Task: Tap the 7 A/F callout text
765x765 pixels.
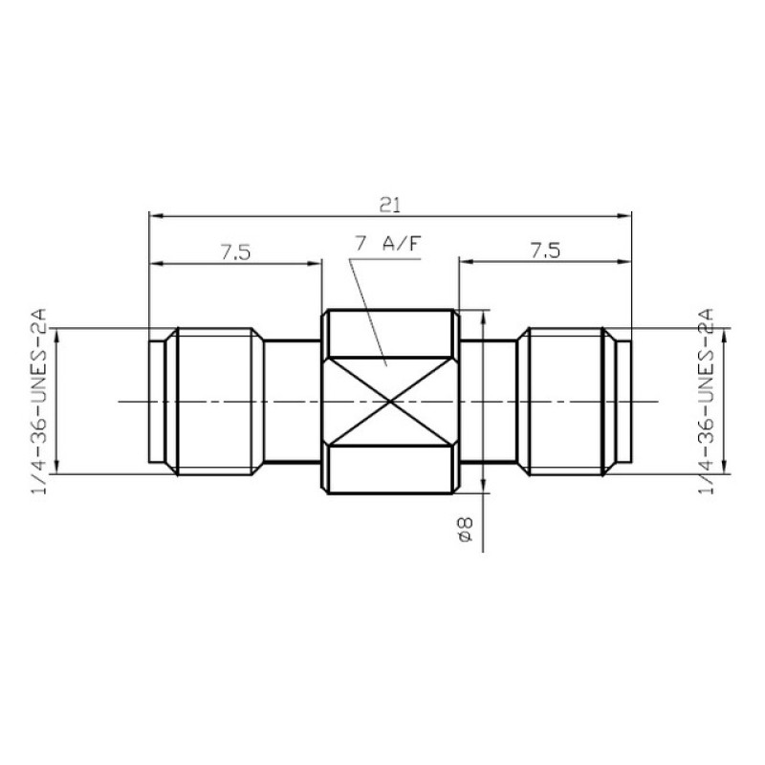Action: pyautogui.click(x=387, y=244)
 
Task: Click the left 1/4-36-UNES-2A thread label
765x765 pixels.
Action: pyautogui.click(x=39, y=402)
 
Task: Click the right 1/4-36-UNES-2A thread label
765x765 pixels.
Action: pyautogui.click(x=707, y=402)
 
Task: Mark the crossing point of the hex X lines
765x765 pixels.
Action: pyautogui.click(x=388, y=402)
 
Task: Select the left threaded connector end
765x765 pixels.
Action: pyautogui.click(x=206, y=402)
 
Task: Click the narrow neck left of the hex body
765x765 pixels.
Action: pyautogui.click(x=291, y=402)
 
